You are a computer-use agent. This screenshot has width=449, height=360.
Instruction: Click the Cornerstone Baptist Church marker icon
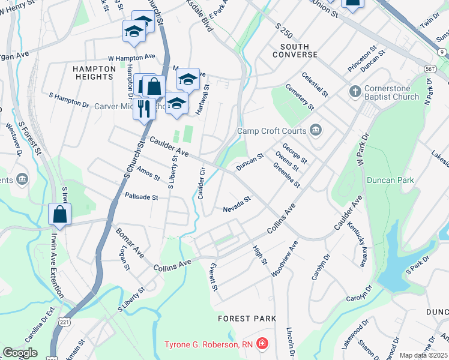coord(355,92)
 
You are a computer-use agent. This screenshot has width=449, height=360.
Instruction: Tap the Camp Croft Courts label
coord(271,131)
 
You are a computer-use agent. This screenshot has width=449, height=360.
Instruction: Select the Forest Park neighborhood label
coord(247,319)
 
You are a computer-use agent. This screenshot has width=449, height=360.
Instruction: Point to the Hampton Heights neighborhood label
coord(94,73)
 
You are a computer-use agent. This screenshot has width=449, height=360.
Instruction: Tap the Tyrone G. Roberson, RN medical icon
coord(262,344)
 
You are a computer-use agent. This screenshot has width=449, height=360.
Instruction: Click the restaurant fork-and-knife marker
coord(143,109)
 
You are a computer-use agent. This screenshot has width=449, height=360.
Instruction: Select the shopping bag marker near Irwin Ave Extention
coord(60,214)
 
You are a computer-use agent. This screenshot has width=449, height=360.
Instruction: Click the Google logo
coord(20,353)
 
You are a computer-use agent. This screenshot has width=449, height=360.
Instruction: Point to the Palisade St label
coord(141,196)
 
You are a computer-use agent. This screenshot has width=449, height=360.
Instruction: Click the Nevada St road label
coord(236,206)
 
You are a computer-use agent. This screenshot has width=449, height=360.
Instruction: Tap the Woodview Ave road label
coord(283,258)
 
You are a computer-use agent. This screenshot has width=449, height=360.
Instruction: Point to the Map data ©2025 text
coord(424,355)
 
